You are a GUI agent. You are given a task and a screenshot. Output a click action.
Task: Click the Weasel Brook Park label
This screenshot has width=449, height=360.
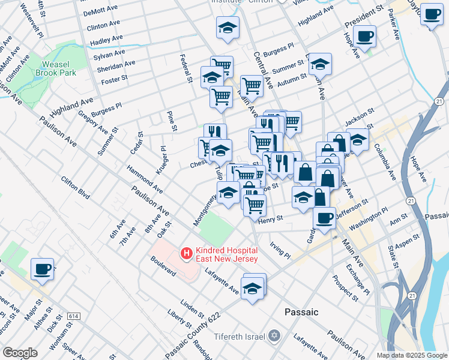point(59,68)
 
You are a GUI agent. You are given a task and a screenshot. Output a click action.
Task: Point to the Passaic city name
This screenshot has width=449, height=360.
point(301,312)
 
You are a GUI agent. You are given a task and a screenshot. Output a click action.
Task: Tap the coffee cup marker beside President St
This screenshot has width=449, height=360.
point(364,36)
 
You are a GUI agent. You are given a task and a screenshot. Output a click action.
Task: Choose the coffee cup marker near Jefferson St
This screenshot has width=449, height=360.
point(324,218)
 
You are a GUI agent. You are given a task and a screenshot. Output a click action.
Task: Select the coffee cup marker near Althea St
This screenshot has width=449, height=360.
point(42,269)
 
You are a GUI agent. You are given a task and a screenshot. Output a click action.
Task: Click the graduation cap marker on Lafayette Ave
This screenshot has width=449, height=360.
point(254,288)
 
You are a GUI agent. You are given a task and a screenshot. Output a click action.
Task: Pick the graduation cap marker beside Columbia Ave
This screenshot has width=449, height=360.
point(358,140)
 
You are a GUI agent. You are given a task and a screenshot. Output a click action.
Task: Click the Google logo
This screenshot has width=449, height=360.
point(20,353)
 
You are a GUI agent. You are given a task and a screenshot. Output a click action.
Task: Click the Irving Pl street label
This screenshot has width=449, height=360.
point(280,251)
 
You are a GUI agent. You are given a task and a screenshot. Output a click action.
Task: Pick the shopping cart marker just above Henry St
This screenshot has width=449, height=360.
point(255,204)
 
